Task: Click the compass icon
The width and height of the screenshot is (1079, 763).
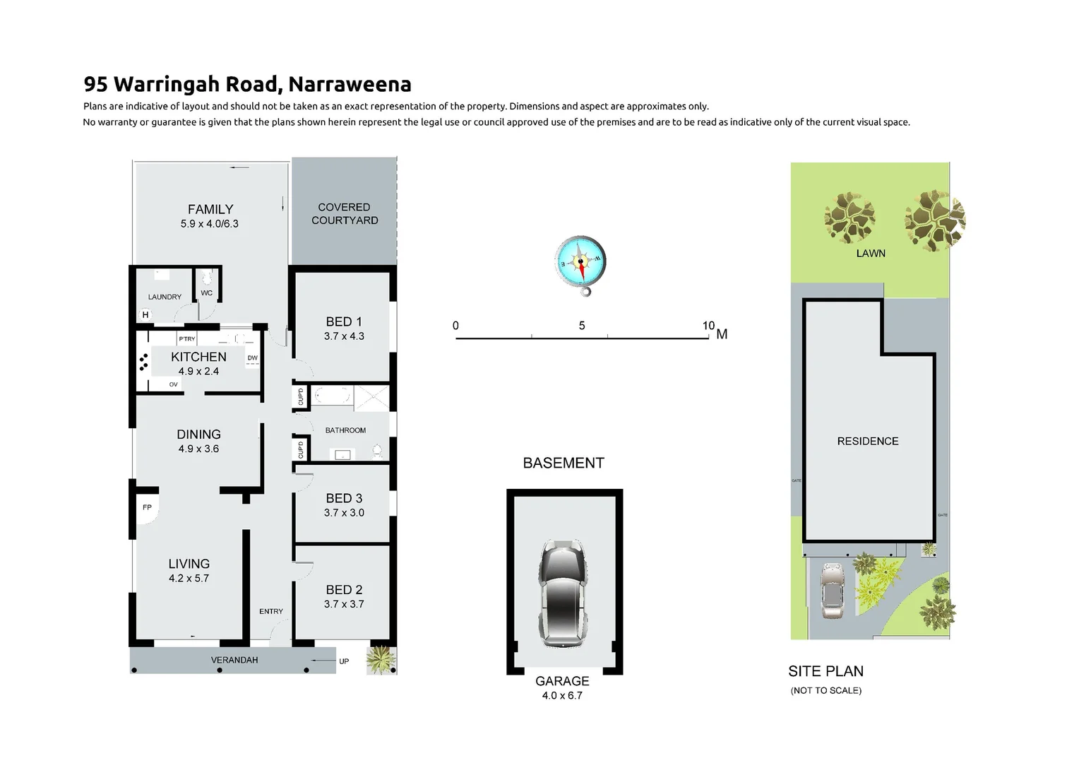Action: [x=580, y=263]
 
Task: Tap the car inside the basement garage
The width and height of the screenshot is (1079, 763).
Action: [x=563, y=593]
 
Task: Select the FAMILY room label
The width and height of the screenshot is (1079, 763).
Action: [x=210, y=209]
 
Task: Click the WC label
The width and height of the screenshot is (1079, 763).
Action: [x=207, y=293]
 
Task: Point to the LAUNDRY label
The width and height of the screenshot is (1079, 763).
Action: [x=165, y=297]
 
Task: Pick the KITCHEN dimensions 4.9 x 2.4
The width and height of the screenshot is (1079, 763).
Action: [x=198, y=371]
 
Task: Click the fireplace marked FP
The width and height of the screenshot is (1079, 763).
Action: [x=147, y=507]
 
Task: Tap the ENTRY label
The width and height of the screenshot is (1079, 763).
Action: [x=271, y=611]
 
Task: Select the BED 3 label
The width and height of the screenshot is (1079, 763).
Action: [x=344, y=498]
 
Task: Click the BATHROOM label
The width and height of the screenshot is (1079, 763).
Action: [x=345, y=430]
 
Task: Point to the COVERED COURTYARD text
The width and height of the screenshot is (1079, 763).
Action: [x=345, y=213]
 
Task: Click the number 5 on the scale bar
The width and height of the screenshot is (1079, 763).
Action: [x=582, y=326]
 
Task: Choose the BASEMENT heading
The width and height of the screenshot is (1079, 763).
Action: [x=564, y=463]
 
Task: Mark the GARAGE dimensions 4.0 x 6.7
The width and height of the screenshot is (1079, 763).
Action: [x=562, y=696]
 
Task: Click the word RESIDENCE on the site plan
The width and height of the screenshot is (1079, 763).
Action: [x=868, y=441]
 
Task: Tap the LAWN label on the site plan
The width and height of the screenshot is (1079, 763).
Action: [x=871, y=253]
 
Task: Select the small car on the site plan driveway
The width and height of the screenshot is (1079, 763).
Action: [x=833, y=591]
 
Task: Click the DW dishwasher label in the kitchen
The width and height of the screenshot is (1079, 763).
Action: [x=253, y=358]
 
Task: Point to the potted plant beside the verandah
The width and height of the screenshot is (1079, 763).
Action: [x=381, y=660]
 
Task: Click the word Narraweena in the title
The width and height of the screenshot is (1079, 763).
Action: [x=350, y=84]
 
